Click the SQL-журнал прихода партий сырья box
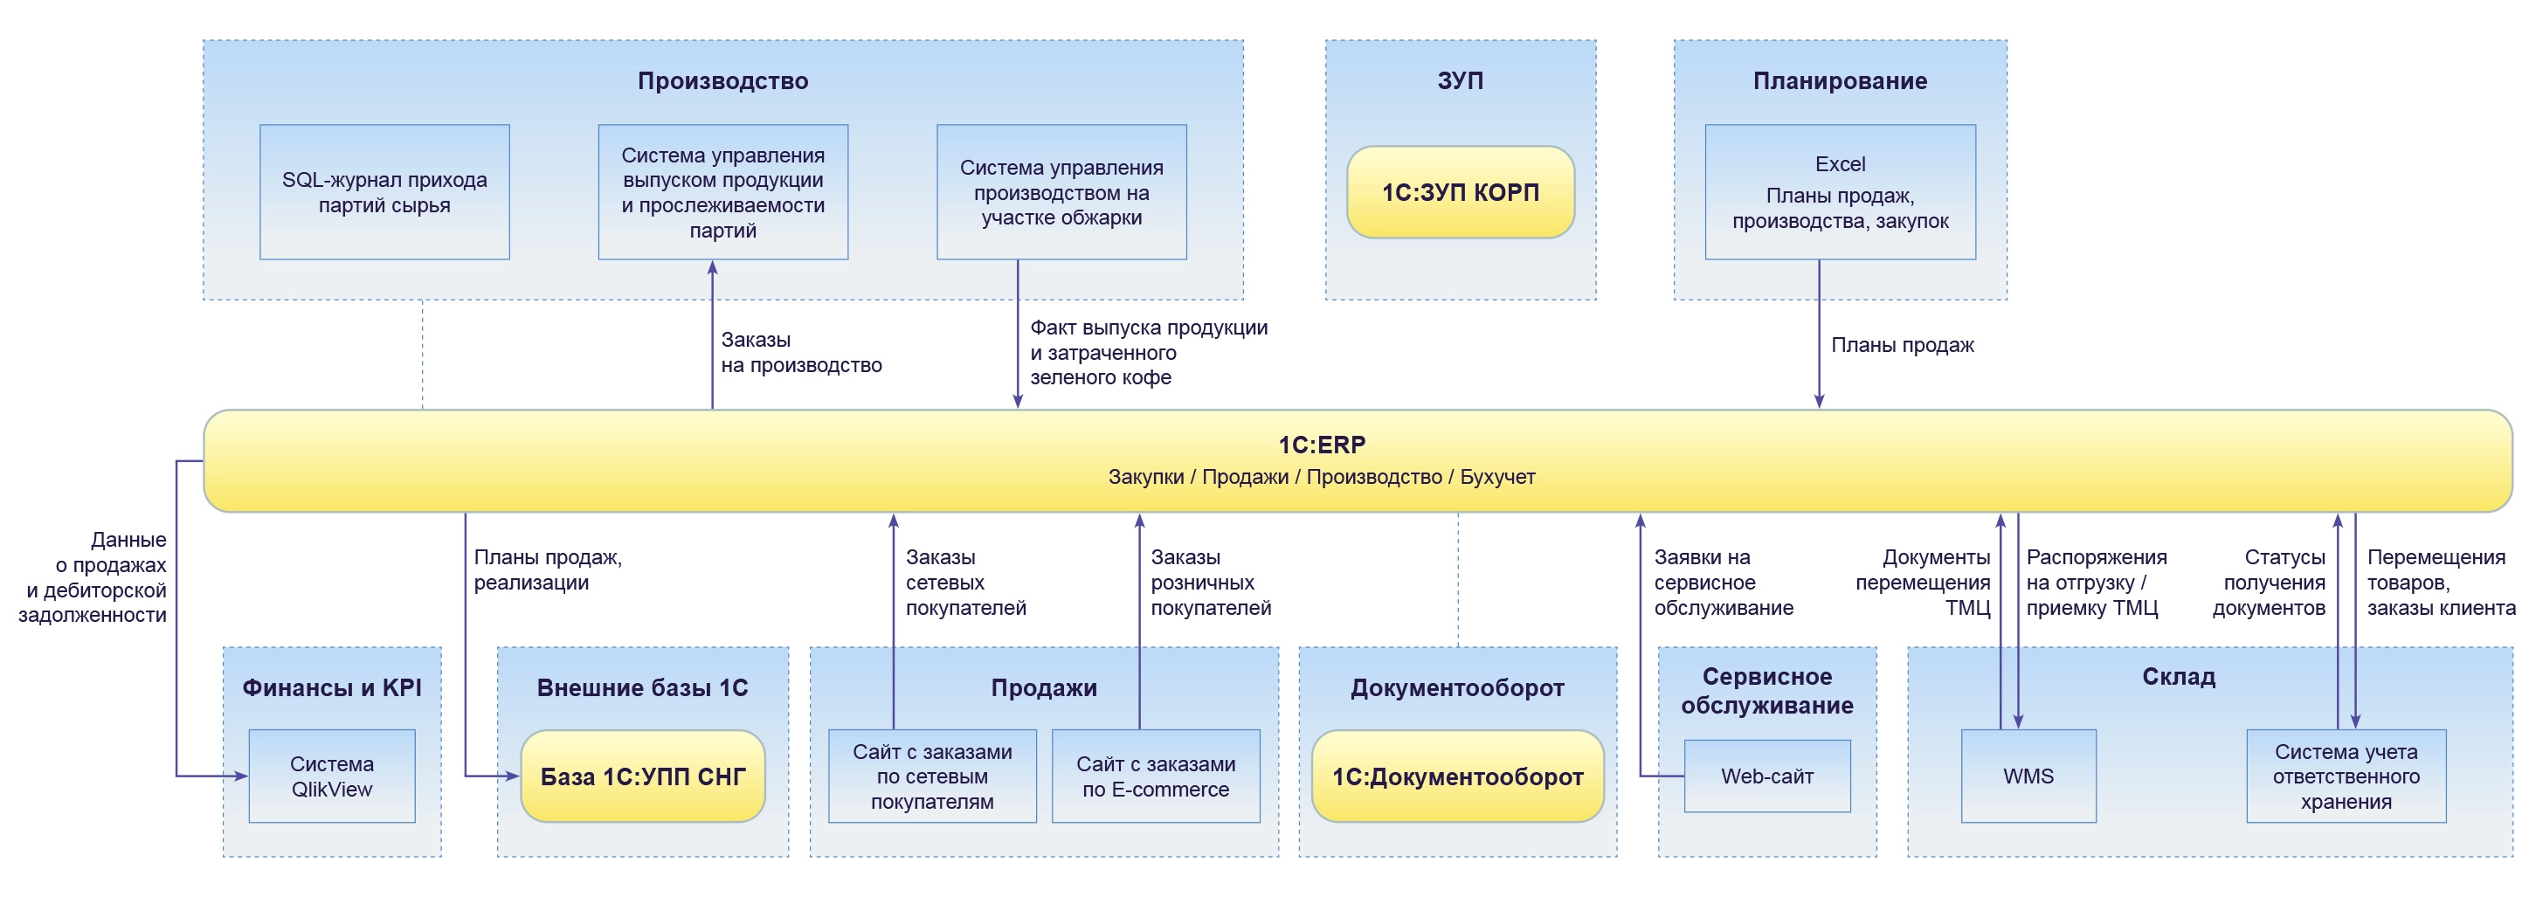coord(384,192)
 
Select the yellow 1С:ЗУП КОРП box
coord(1460,192)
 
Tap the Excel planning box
coord(1839,192)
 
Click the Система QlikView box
coord(332,776)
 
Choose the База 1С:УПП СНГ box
coord(643,776)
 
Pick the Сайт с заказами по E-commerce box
coord(1155,776)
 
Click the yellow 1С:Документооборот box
coord(1457,776)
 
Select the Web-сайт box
coord(1766,776)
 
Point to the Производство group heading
coord(722,80)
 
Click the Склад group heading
coord(2178,676)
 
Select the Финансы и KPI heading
coord(332,687)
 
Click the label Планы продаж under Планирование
coord(1902,345)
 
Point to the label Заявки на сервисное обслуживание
coord(1723,582)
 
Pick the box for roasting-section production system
coord(1061,192)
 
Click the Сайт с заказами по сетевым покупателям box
coord(931,776)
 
